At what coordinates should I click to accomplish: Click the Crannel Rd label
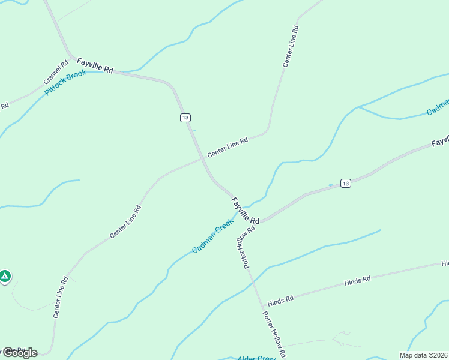click(56, 71)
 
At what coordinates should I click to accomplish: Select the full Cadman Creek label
click(212, 236)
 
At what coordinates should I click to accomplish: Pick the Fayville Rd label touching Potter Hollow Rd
click(245, 211)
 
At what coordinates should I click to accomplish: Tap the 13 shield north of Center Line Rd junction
click(185, 118)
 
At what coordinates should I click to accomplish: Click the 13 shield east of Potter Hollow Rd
click(345, 182)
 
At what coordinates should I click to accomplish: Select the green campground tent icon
click(5, 276)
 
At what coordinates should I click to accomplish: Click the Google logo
click(20, 353)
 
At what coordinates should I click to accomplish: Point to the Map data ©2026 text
click(424, 355)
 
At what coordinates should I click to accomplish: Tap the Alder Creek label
click(256, 358)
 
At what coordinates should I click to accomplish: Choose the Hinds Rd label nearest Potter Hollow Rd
click(280, 299)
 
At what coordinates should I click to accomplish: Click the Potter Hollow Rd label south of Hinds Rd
click(273, 332)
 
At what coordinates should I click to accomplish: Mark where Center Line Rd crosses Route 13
click(201, 160)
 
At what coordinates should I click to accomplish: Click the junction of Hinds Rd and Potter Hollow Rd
click(262, 306)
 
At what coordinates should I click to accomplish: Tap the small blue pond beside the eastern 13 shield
click(330, 184)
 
